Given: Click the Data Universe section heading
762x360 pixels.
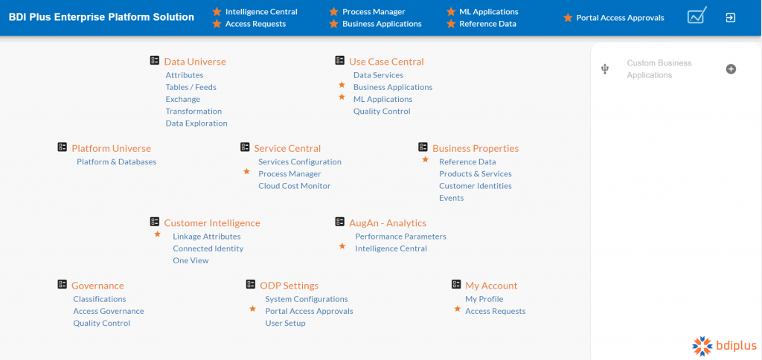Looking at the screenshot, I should point(194,62).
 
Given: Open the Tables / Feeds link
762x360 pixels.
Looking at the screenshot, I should point(190,87).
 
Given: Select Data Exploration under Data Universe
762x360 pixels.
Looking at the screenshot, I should point(196,123).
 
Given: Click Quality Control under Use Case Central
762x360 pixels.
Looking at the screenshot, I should point(382,112).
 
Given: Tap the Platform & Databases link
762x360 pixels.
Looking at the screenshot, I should point(116,162).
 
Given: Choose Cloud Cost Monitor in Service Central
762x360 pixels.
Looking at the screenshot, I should point(294,186).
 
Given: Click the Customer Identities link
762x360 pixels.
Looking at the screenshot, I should point(475,186).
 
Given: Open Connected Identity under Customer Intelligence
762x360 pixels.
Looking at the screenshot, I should point(208,248).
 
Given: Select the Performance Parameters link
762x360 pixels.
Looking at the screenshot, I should point(400,237).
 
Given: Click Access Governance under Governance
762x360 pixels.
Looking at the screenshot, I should point(109,311).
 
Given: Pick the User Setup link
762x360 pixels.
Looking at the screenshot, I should point(285,324).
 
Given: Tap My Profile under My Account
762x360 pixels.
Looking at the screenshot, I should point(484,299).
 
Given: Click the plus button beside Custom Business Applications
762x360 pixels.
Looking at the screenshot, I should point(731,69).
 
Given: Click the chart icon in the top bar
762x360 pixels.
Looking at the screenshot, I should point(697,16).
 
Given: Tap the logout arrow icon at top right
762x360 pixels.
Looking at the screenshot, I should point(731,17).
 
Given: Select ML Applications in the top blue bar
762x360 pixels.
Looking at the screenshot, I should point(488,12).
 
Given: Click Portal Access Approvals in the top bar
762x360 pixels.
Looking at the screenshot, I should point(620,18).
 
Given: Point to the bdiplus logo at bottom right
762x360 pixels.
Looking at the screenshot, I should point(723,344).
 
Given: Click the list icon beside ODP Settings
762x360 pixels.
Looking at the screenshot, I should point(251,285).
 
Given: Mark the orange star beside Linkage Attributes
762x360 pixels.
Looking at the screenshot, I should point(157,234).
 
